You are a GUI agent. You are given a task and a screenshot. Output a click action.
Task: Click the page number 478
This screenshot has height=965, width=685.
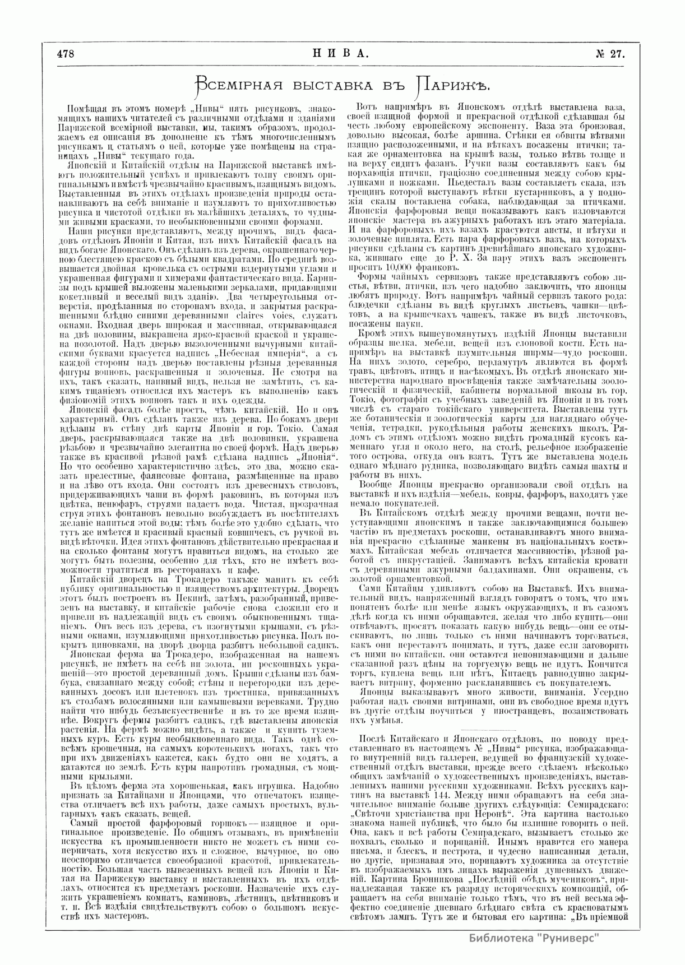pyautogui.click(x=66, y=54)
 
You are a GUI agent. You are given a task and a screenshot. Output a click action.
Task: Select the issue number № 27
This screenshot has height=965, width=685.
pyautogui.click(x=610, y=54)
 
